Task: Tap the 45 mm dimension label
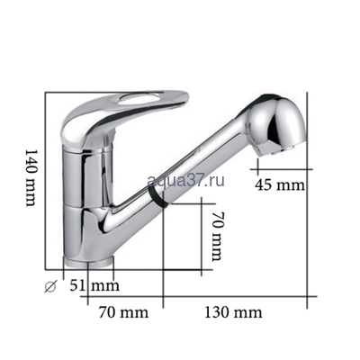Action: [281, 185]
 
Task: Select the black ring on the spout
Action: [159, 199]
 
